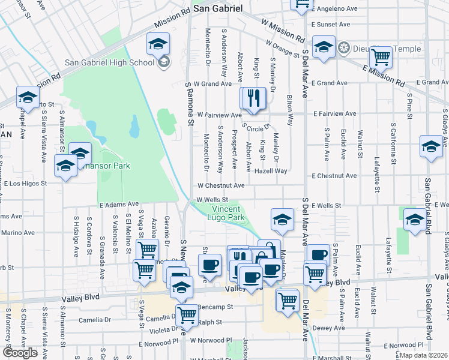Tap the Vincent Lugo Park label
[228, 212]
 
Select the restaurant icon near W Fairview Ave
[253, 98]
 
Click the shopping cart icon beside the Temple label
[381, 58]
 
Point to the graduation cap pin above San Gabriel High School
[158, 43]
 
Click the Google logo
[20, 353]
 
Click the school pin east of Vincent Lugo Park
[282, 220]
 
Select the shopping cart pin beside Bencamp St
[187, 314]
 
